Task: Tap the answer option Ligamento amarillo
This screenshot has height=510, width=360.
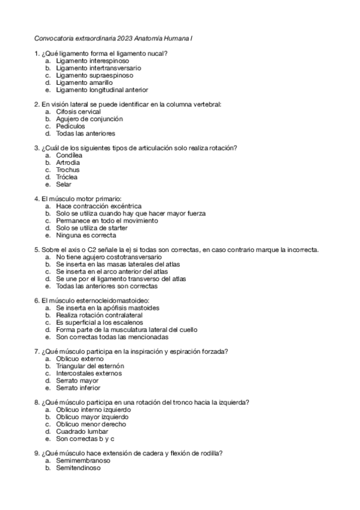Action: (x=84, y=83)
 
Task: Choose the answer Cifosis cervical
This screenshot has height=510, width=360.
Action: (x=78, y=112)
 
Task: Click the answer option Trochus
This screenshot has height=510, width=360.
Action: (x=67, y=170)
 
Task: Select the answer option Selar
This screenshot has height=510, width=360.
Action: (x=64, y=185)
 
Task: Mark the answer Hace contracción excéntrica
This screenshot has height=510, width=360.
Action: (x=99, y=206)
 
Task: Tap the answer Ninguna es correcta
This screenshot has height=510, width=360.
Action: (x=86, y=235)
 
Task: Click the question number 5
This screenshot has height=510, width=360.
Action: (x=37, y=250)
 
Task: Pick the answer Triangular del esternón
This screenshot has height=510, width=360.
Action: (x=90, y=365)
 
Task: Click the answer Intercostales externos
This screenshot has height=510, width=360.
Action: (x=88, y=373)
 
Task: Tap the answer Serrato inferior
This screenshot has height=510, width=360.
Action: (x=78, y=387)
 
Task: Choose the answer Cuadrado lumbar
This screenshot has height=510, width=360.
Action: (x=82, y=431)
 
